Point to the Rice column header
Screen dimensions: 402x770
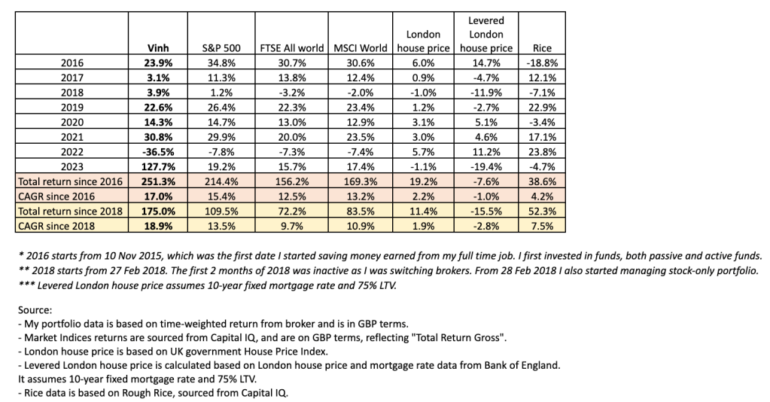click(542, 48)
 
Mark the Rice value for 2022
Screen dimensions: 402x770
click(542, 151)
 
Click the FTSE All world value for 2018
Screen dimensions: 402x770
click(290, 92)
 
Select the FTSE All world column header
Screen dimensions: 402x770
click(290, 48)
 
